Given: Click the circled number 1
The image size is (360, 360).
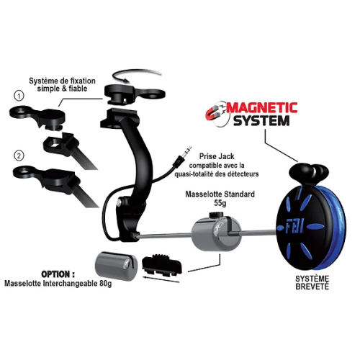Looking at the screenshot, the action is (19, 96).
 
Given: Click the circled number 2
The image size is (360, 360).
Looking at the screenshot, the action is (19, 156).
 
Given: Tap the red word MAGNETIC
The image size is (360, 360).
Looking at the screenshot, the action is (261, 108).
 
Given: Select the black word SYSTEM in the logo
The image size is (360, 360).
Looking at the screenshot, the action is (261, 121).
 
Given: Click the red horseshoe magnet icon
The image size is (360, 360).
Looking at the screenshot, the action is (215, 113).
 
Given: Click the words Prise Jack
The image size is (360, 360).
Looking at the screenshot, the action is (217, 156).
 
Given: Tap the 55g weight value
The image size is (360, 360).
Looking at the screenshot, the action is (220, 203).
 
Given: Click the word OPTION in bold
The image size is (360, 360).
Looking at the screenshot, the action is (58, 274).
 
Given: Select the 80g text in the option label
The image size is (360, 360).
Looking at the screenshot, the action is (106, 284).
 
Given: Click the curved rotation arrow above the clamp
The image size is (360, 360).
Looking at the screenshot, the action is (138, 74).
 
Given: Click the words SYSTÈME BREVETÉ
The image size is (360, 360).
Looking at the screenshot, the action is (312, 282).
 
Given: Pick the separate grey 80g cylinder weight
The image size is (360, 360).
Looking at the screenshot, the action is (117, 266).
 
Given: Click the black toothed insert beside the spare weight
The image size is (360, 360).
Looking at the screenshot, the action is (162, 265).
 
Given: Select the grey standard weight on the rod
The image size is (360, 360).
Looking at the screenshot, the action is (216, 233).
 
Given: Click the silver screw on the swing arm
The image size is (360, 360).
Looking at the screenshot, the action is (120, 202).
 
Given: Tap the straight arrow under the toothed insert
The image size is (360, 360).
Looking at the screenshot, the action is (161, 279).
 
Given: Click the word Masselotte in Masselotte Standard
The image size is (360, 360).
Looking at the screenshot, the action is (202, 194).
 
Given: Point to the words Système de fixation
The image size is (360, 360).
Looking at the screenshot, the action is (62, 81).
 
